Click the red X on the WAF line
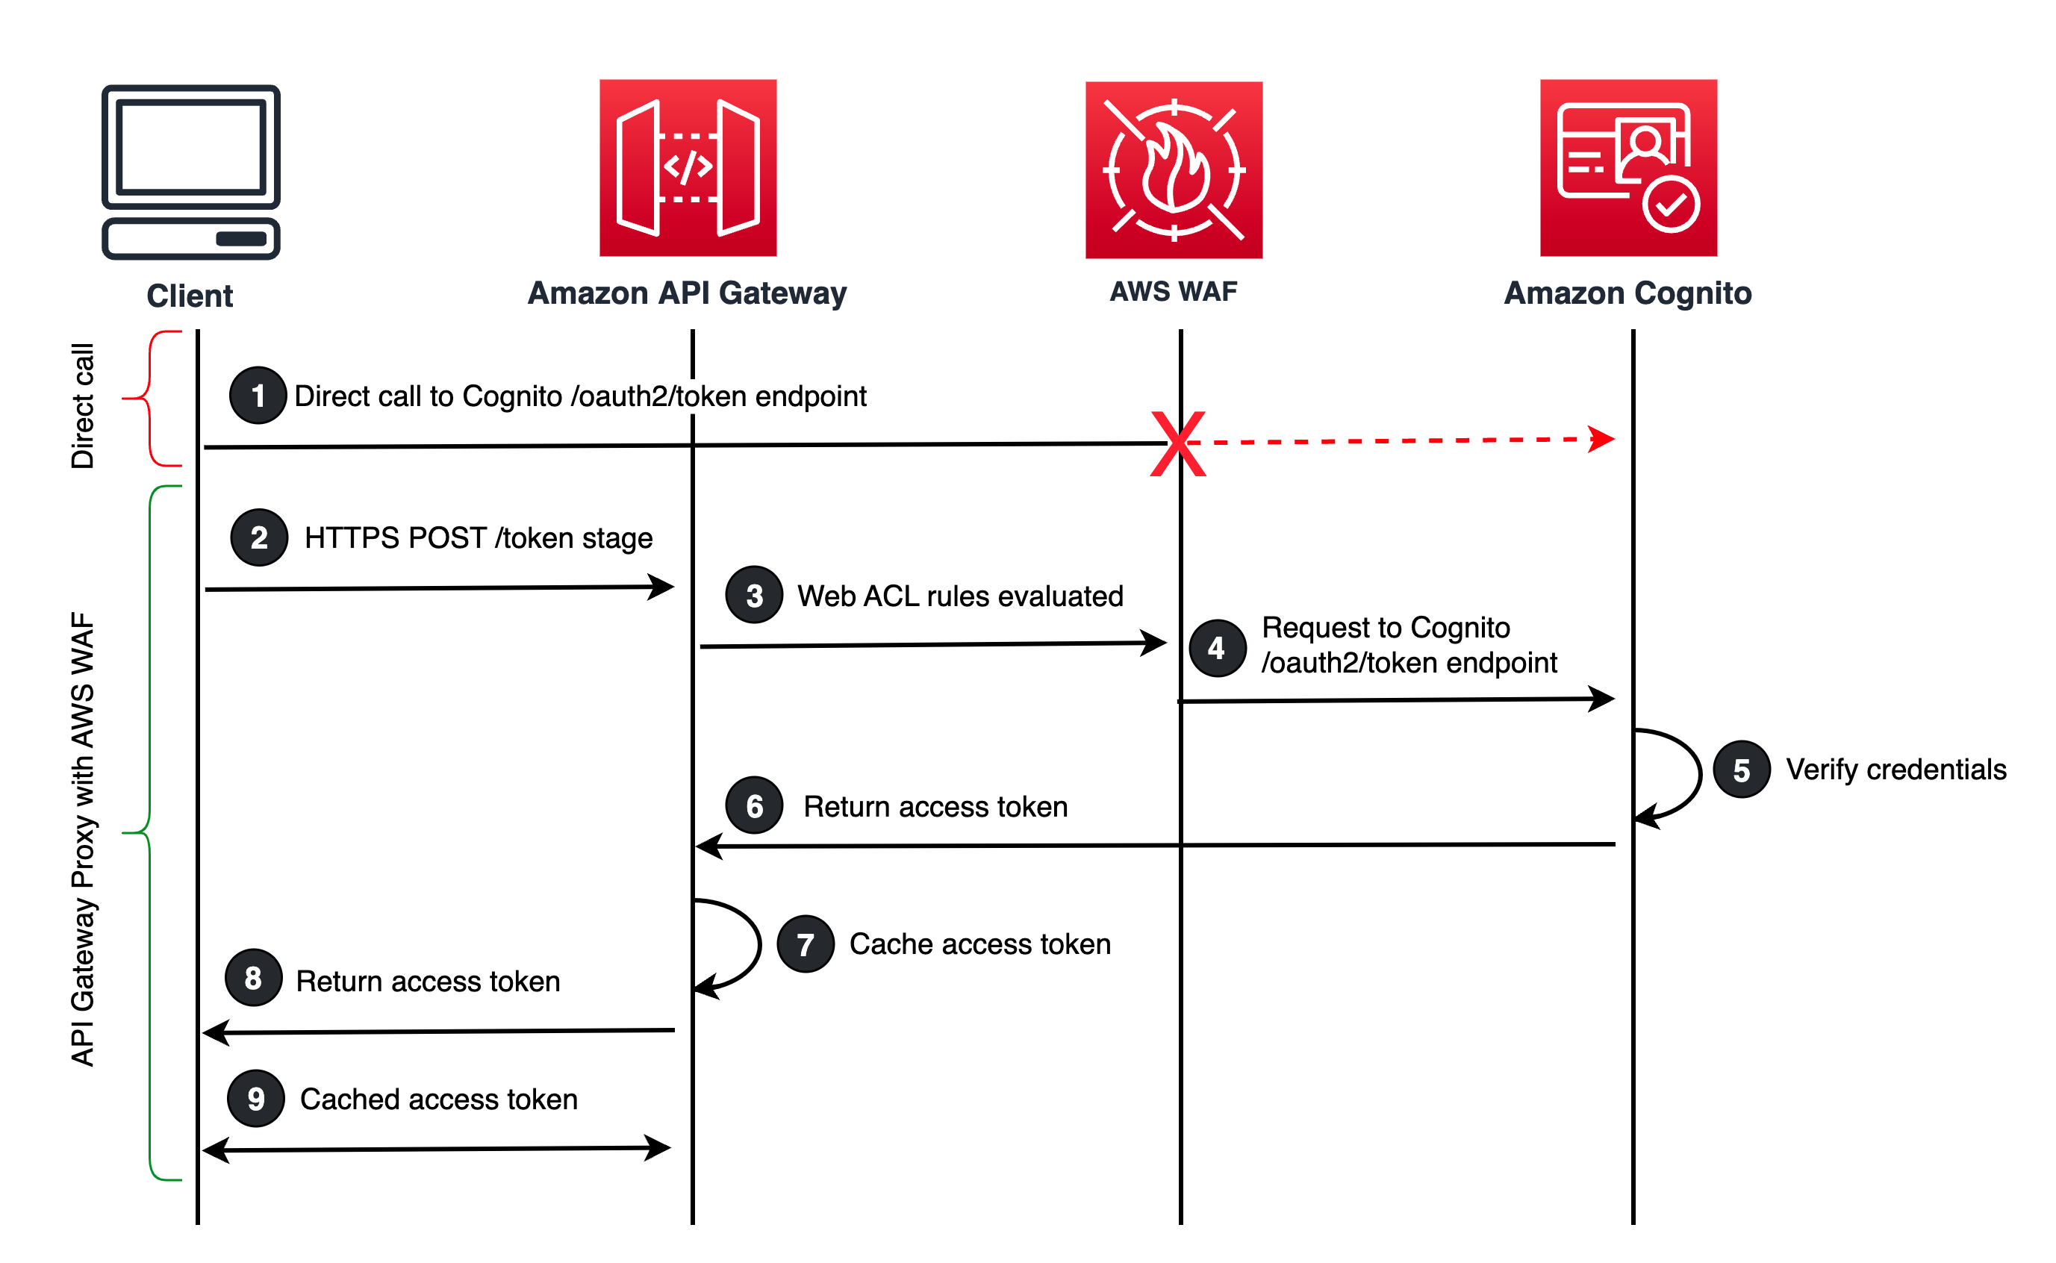[1179, 444]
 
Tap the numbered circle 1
[258, 396]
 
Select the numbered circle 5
[1742, 770]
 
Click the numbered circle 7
[806, 945]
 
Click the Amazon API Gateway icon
[688, 168]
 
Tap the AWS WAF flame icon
[1174, 170]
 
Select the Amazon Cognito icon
[1629, 168]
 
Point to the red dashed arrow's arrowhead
[1601, 440]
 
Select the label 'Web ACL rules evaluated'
[961, 596]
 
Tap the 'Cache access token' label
[980, 945]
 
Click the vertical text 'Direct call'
[83, 406]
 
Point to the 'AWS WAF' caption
[1174, 292]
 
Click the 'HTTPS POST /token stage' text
[479, 538]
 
